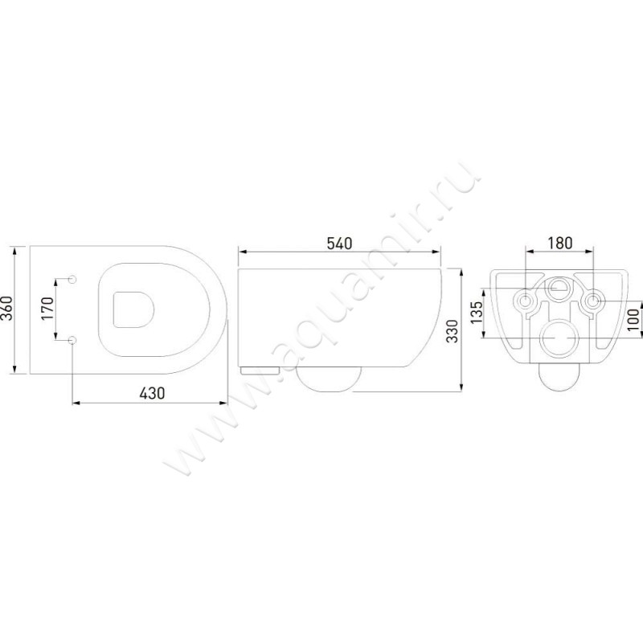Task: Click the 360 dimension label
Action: [7, 309]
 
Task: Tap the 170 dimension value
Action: [47, 309]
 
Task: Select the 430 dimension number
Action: [152, 394]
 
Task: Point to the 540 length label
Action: [339, 244]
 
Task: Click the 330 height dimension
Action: [453, 331]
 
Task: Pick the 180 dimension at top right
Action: [559, 244]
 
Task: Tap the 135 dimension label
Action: [477, 313]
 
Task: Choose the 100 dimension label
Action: [634, 319]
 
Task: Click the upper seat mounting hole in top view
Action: [72, 279]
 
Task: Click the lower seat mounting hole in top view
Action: [72, 340]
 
